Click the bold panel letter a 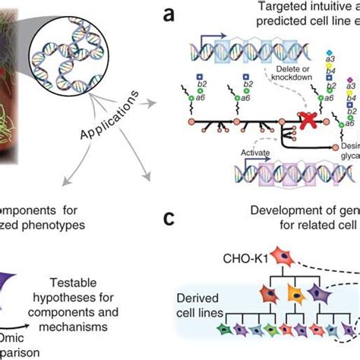tap(174, 17)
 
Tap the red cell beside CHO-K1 tap(268, 259)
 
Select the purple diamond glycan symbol tap(349, 77)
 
